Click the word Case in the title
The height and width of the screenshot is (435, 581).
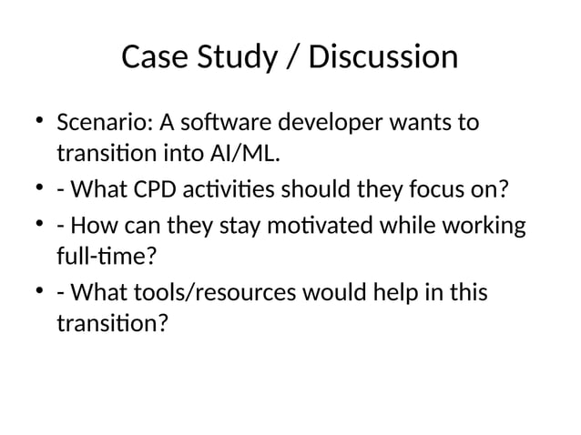click(151, 57)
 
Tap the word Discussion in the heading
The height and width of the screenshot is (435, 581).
click(382, 57)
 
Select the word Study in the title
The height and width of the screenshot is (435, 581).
click(232, 57)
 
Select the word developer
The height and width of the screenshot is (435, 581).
click(334, 122)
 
